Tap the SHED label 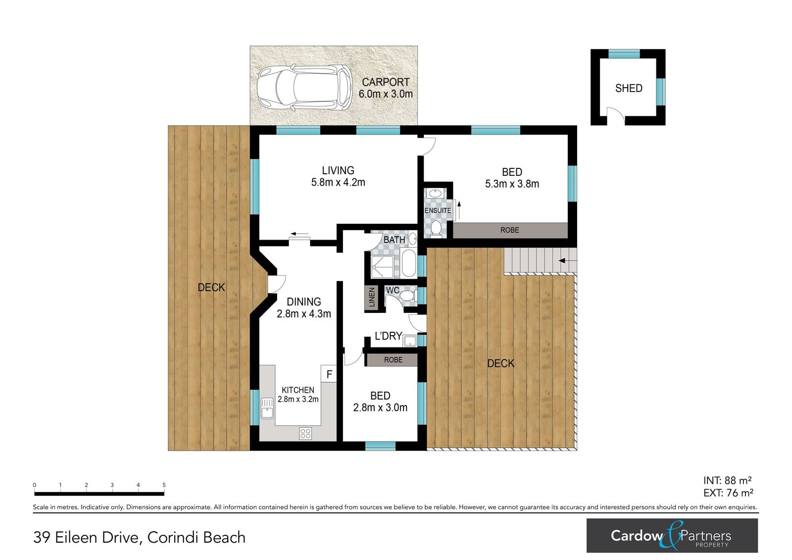(x=629, y=88)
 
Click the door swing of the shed (x=616, y=115)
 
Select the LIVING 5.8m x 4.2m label (x=338, y=176)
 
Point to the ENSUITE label (x=438, y=210)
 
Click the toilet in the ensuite (x=436, y=228)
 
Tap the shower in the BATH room (x=382, y=267)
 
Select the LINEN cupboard (x=372, y=297)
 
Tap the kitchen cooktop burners (x=305, y=433)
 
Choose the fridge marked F (x=329, y=374)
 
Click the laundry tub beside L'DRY (x=410, y=341)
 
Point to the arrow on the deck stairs (x=567, y=261)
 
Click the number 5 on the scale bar (x=164, y=485)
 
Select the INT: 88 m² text (x=728, y=480)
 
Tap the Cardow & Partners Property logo (x=672, y=536)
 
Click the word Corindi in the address (x=168, y=537)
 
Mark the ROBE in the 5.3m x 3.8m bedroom (x=510, y=230)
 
